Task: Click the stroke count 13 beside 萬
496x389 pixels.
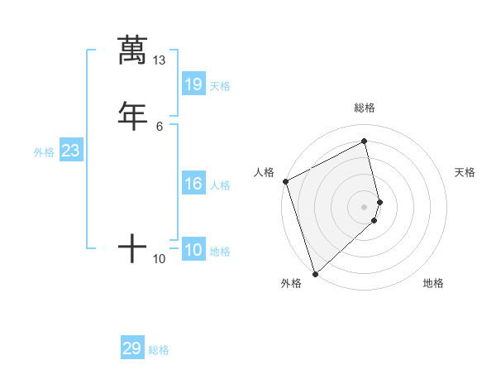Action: point(159,60)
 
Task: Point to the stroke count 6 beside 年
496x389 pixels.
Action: point(160,126)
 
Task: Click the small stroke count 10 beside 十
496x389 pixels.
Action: point(160,259)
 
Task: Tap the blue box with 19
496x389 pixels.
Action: point(193,84)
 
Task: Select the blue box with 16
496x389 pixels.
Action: point(193,184)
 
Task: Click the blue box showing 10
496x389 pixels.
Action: point(193,250)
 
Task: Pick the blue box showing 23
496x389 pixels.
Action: point(71,151)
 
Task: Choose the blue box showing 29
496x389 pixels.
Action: point(132,348)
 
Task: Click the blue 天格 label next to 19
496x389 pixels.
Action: point(220,85)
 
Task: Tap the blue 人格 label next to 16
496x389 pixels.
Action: point(220,185)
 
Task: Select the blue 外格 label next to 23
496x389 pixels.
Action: point(44,152)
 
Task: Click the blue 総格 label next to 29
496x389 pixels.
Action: point(159,350)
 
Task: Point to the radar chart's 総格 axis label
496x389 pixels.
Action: point(365,108)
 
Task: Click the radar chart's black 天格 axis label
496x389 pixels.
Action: point(465,172)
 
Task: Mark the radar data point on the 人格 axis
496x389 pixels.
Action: point(285,181)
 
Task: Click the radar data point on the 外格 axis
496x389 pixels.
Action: point(314,273)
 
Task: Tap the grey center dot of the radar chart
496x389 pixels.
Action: point(365,206)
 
